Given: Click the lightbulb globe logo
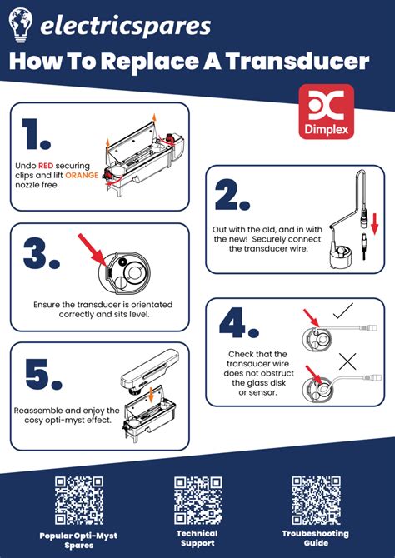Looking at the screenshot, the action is [21, 25].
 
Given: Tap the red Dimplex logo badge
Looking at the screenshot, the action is [327, 112].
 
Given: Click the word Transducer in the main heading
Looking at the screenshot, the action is [297, 62].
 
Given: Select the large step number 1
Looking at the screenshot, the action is [36, 133].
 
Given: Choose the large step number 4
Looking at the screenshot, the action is [239, 323].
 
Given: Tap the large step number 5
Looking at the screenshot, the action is [43, 374].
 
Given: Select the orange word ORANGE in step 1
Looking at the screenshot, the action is [82, 175].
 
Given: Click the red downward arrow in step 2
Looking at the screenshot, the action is [373, 223].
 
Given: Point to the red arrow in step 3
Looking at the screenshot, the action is [92, 250].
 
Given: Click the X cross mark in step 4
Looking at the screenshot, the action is [347, 361].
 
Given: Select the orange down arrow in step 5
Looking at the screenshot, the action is [152, 396].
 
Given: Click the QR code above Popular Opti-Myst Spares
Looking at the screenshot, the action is [79, 501].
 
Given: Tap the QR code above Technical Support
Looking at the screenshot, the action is [198, 501].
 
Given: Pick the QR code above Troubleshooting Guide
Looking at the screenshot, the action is [316, 501].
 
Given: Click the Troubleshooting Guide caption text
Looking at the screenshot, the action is [316, 538].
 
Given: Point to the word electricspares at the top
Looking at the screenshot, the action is [125, 26].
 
